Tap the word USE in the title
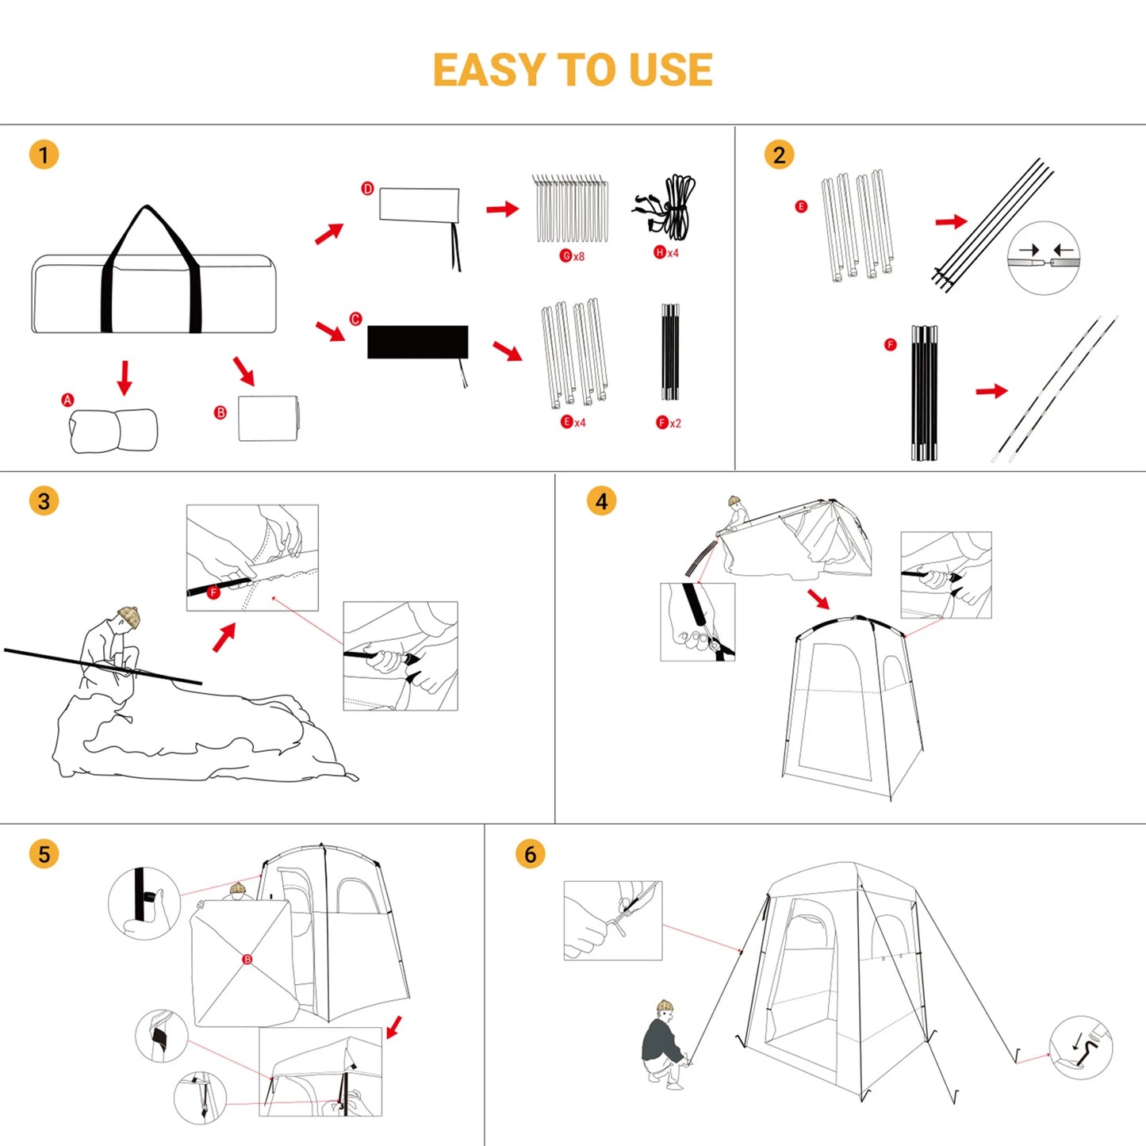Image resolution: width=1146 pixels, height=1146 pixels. coord(670,70)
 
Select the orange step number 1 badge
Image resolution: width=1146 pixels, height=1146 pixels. coord(44,155)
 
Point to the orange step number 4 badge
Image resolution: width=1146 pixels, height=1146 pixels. coord(601,501)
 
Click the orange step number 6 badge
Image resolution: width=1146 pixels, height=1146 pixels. coord(530,854)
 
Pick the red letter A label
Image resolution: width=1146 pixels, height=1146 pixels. coord(67,401)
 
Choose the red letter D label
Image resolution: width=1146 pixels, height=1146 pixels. coord(367,189)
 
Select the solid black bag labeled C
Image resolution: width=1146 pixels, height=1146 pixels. coord(417,342)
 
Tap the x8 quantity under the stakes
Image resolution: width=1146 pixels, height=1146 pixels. coord(579,256)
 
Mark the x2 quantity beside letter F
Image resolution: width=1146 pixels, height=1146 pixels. coord(675,424)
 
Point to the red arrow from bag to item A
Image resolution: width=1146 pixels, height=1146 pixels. coord(125,377)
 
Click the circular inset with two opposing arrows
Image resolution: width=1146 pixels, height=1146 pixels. coord(1044,258)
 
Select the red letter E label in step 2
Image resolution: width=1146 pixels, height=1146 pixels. coord(801,206)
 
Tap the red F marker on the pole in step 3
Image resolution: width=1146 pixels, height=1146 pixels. coord(213,592)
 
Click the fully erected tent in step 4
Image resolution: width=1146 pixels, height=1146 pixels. coord(853,706)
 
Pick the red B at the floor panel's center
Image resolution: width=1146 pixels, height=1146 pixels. coord(247,960)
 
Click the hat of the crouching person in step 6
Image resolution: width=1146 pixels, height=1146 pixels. coord(665,1006)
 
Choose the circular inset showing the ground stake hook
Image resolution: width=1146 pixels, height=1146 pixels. coord(1081,1048)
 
